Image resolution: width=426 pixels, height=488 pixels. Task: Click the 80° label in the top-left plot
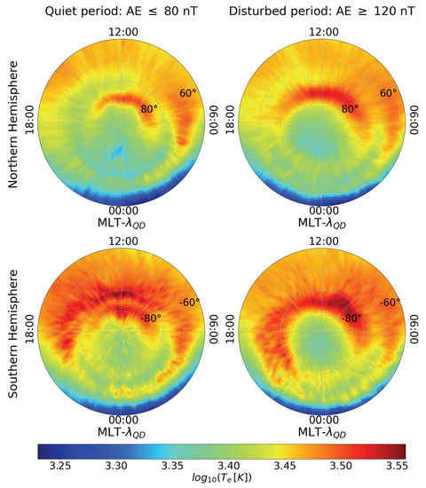[x=150, y=109]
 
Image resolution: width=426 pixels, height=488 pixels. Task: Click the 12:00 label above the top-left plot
[x=123, y=32]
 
